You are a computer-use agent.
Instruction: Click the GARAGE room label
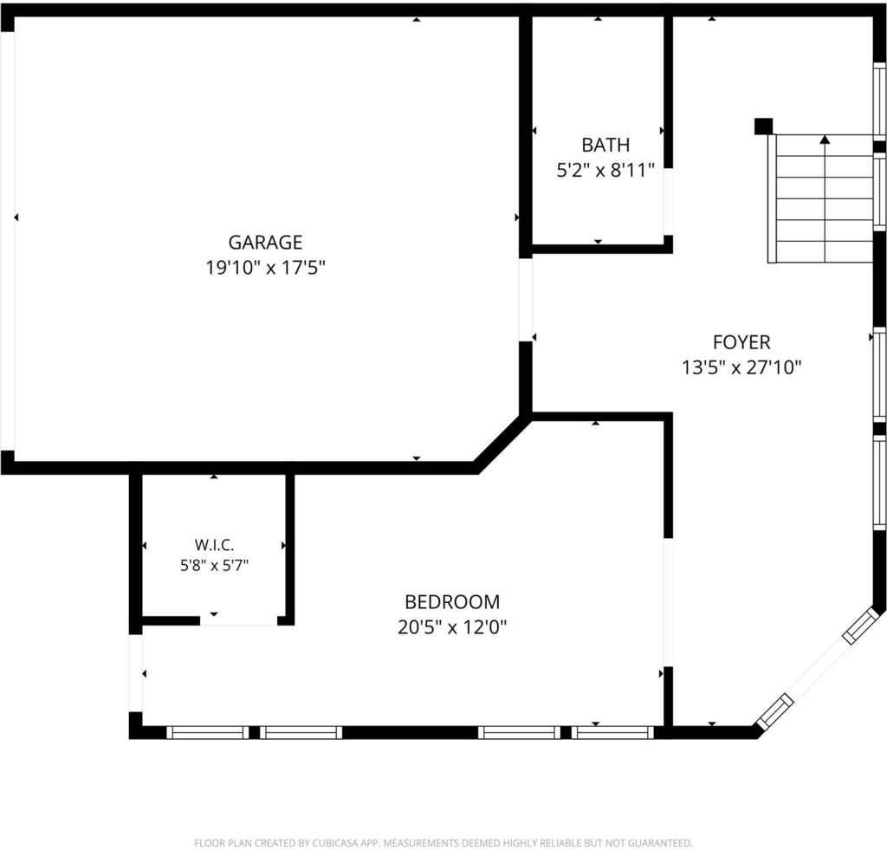click(265, 243)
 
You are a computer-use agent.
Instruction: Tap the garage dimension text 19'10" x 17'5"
click(265, 267)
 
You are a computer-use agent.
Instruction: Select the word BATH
click(605, 145)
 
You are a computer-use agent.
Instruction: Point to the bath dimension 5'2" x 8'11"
click(605, 170)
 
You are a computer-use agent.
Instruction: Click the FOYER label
click(741, 342)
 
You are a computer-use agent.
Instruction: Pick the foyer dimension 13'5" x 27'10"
click(741, 367)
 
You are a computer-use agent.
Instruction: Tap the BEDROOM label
click(452, 601)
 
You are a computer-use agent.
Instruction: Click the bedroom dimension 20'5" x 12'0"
click(452, 627)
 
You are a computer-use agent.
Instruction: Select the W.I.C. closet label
click(215, 545)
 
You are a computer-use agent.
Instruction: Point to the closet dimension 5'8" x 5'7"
click(215, 565)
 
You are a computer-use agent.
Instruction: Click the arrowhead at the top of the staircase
click(825, 139)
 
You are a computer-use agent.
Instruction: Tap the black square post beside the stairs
click(764, 127)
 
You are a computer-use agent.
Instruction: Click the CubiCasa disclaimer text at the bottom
click(443, 843)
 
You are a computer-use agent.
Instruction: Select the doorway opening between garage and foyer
click(526, 300)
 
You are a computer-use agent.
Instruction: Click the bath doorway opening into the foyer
click(668, 202)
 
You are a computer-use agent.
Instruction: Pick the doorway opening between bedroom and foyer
click(668, 602)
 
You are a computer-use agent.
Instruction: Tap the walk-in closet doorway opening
click(239, 620)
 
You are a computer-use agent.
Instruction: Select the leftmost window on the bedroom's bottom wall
click(208, 733)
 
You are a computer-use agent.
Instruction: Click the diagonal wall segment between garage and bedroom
click(502, 444)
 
